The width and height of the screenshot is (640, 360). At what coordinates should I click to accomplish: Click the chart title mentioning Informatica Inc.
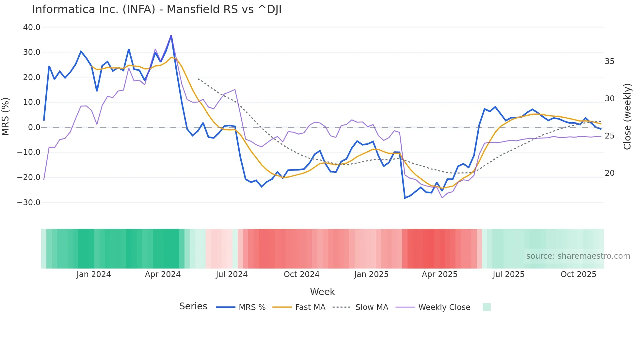(157, 9)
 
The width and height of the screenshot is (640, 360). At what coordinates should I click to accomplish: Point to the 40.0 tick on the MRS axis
(32, 27)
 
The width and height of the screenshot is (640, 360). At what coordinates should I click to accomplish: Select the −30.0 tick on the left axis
(29, 203)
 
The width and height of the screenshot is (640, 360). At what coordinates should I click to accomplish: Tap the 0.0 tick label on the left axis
(34, 127)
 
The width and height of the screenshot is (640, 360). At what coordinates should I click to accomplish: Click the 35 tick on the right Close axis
(609, 61)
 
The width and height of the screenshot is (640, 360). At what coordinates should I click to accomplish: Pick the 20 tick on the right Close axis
(609, 173)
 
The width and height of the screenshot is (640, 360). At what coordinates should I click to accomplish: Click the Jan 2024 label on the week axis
(94, 274)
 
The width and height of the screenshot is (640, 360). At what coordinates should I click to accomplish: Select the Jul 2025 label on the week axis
(508, 274)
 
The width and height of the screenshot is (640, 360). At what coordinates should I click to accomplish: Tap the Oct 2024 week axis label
(301, 274)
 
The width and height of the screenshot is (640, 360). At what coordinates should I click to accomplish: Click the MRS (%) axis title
(6, 117)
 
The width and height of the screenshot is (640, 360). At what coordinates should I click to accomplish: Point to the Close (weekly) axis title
(627, 117)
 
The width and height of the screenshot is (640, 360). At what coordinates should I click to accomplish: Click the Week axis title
(322, 292)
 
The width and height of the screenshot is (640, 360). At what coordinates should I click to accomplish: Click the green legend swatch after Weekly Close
(487, 307)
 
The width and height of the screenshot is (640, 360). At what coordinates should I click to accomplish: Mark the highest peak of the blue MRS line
(171, 36)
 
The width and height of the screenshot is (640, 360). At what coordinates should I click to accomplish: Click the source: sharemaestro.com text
(578, 256)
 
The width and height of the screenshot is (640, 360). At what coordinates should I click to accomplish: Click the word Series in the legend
(193, 306)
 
